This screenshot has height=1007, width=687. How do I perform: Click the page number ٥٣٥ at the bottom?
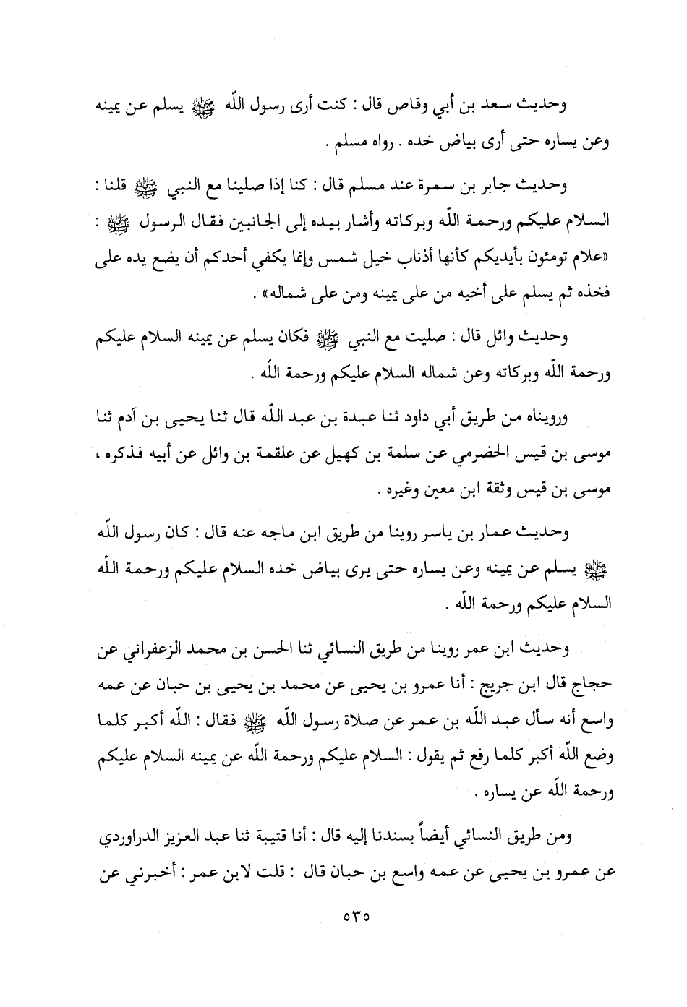click(x=353, y=912)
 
